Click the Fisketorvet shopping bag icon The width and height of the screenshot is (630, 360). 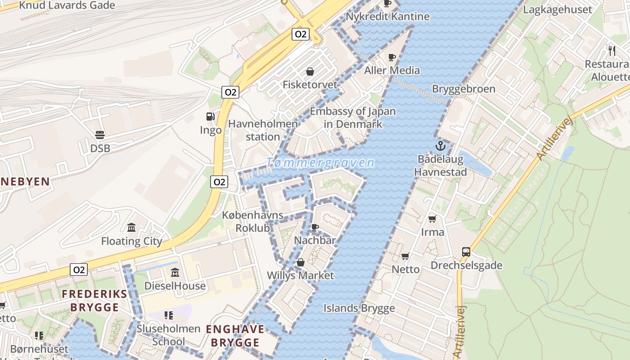(x=310, y=72)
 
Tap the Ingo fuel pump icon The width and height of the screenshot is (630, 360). (x=210, y=117)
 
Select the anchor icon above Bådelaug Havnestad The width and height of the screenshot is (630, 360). (x=440, y=146)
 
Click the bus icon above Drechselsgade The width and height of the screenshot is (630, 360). (x=466, y=252)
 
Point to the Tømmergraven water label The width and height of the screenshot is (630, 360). (x=320, y=163)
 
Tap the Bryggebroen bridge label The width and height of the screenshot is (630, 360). (x=463, y=89)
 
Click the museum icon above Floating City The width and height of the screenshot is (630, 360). (x=131, y=228)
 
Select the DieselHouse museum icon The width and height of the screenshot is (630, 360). (x=175, y=273)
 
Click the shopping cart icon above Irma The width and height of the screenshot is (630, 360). (x=432, y=219)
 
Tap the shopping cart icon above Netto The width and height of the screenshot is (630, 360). (x=405, y=256)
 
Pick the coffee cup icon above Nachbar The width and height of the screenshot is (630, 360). (x=315, y=227)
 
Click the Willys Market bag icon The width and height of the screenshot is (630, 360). (x=301, y=262)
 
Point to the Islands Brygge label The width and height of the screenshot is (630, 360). (x=359, y=308)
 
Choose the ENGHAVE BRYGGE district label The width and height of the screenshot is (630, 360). (x=235, y=336)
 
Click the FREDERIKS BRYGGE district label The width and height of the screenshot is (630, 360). (x=94, y=301)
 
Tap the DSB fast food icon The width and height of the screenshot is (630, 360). (x=100, y=135)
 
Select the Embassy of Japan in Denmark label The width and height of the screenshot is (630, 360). (x=353, y=117)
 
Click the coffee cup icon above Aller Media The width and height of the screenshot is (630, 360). (x=392, y=57)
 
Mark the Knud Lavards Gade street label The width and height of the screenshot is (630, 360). (x=67, y=5)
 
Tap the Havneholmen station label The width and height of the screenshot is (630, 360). (x=263, y=130)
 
